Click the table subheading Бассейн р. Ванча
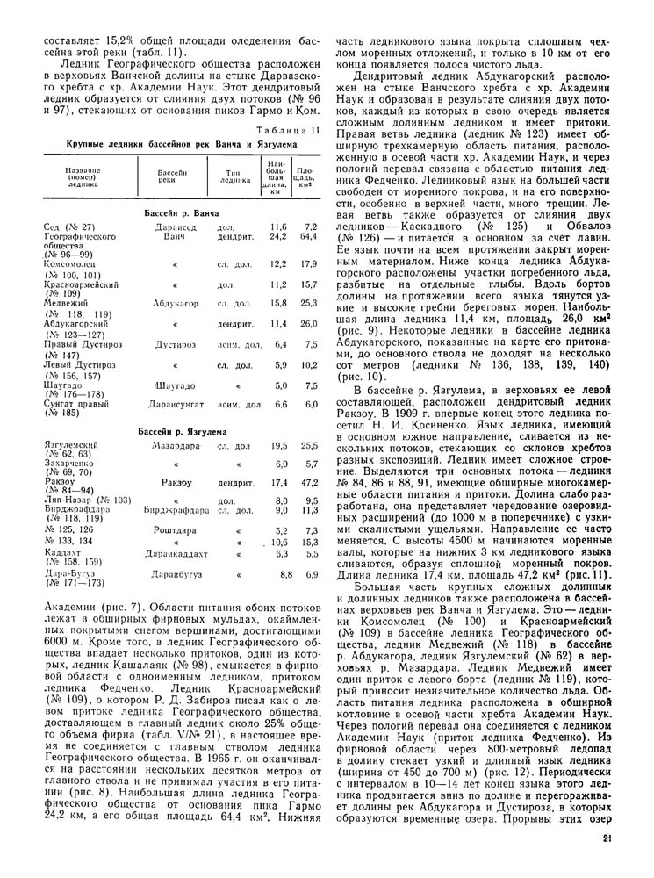pyautogui.click(x=181, y=213)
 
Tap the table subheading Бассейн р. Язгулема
pyautogui.click(x=182, y=432)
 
